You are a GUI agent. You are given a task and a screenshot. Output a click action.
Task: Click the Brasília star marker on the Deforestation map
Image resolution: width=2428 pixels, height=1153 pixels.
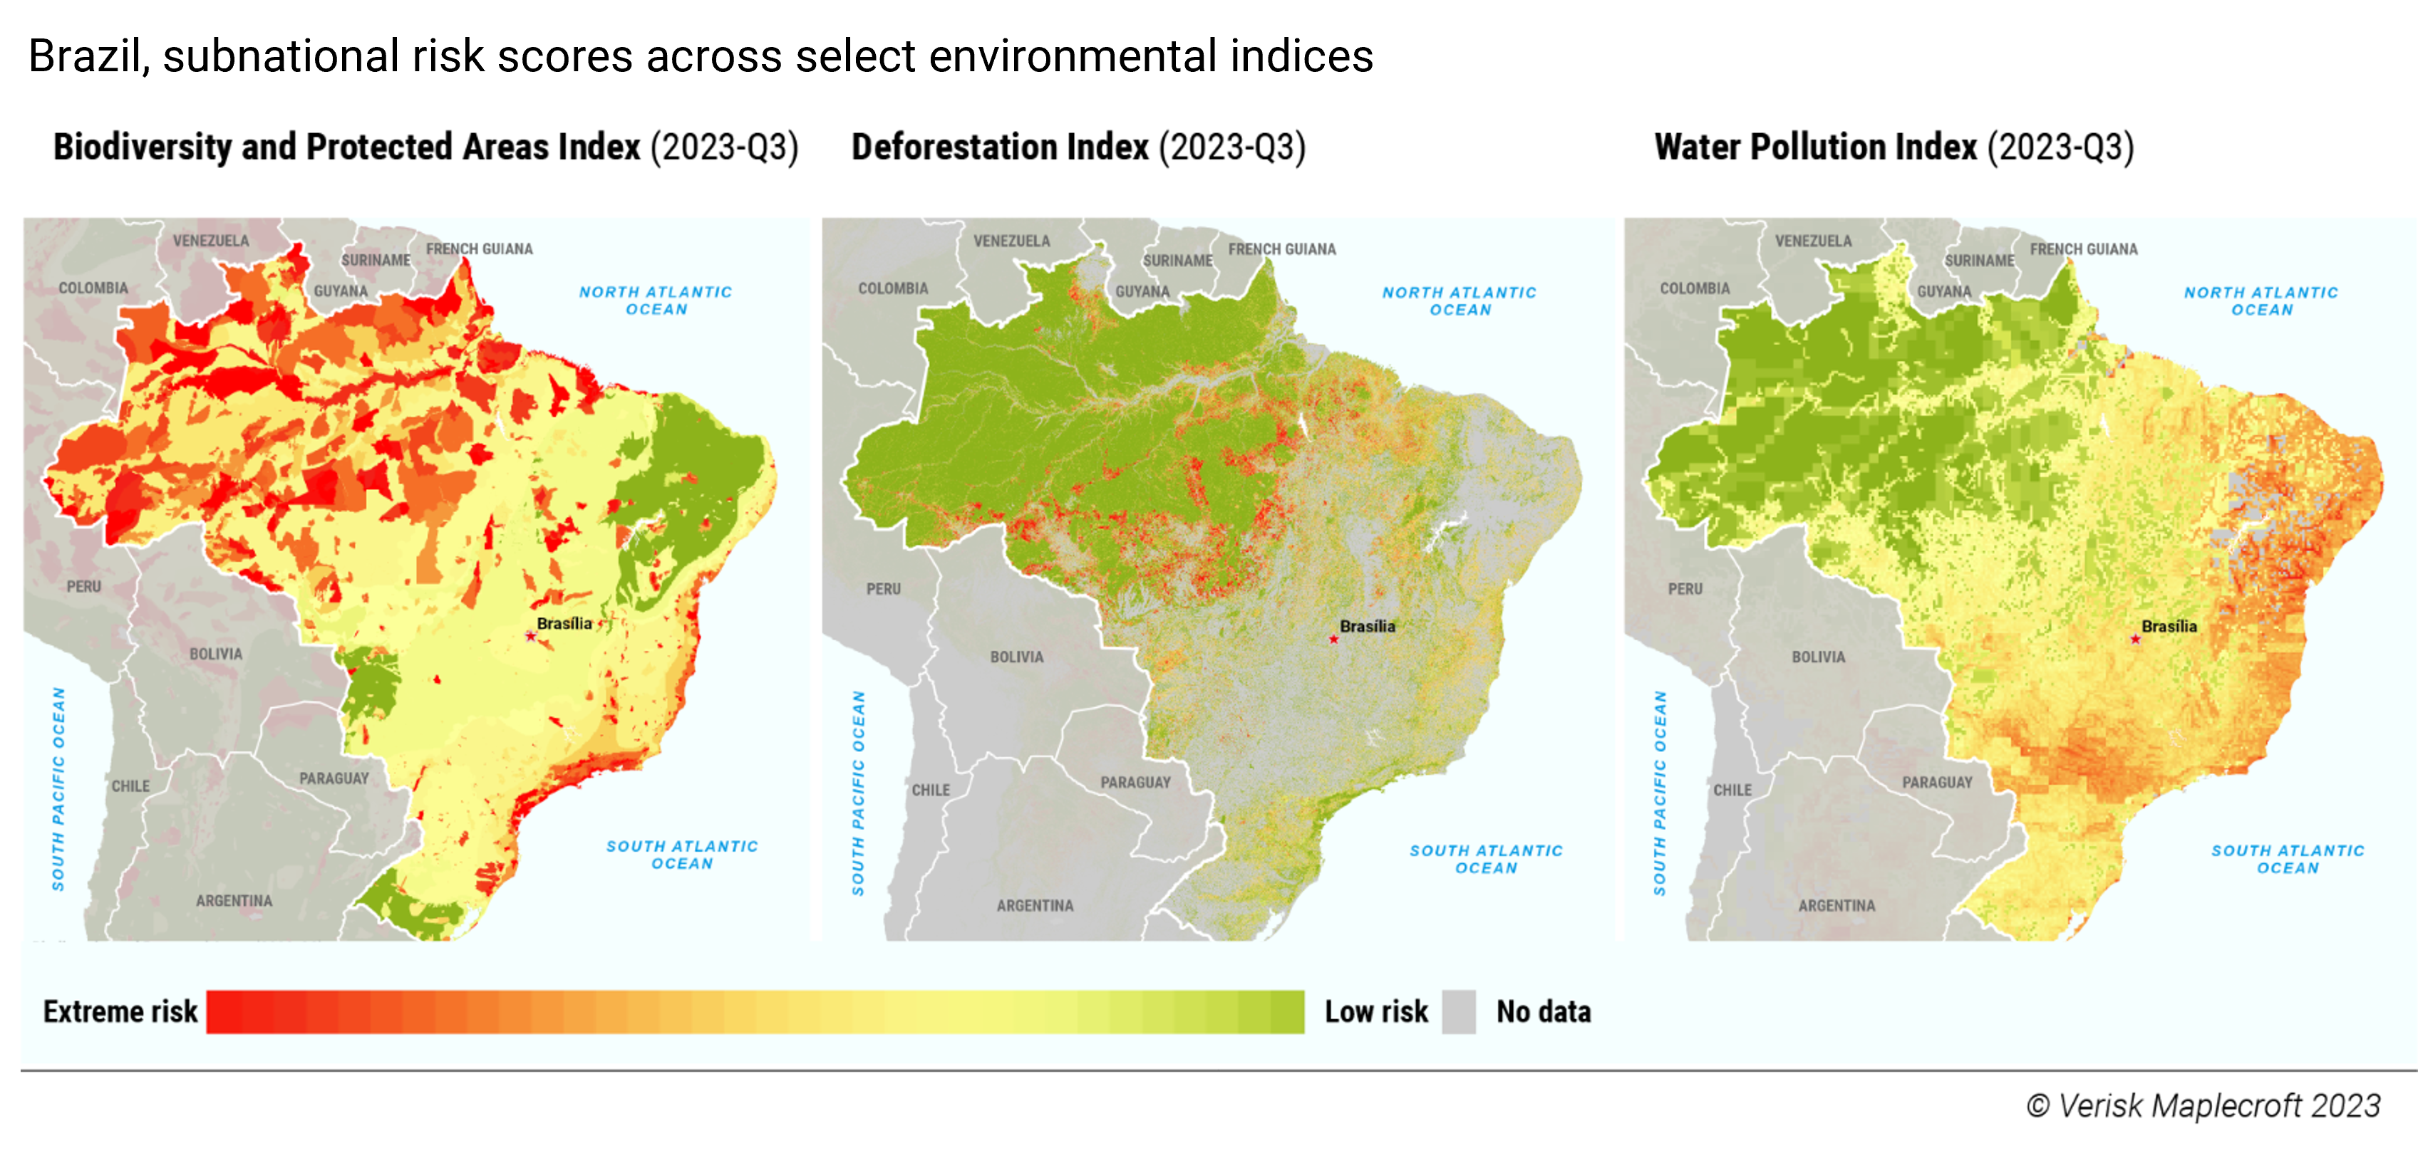coord(1333,640)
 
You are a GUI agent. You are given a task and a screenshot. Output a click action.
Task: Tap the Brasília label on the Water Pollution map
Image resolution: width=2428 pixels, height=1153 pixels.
coord(2169,627)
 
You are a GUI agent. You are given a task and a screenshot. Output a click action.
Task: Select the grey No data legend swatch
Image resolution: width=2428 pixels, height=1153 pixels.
coord(1458,1012)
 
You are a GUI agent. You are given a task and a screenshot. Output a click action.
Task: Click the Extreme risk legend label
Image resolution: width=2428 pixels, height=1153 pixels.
coord(120,1012)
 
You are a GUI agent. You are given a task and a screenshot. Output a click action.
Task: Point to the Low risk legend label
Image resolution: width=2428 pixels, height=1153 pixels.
coord(1375,1012)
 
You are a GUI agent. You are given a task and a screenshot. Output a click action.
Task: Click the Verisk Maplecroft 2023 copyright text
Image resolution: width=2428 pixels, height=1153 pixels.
coord(2203,1105)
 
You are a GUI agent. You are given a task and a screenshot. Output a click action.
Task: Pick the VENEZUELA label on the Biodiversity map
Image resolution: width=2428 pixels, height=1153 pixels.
coord(210,241)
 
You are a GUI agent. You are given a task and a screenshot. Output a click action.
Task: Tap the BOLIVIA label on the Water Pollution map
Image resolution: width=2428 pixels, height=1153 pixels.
coord(1817,657)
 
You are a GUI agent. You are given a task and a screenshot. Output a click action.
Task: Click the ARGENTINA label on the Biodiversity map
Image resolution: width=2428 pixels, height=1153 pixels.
coord(234,901)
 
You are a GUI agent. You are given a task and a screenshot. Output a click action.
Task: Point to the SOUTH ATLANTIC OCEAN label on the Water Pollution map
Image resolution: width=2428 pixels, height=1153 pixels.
coord(2287,859)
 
